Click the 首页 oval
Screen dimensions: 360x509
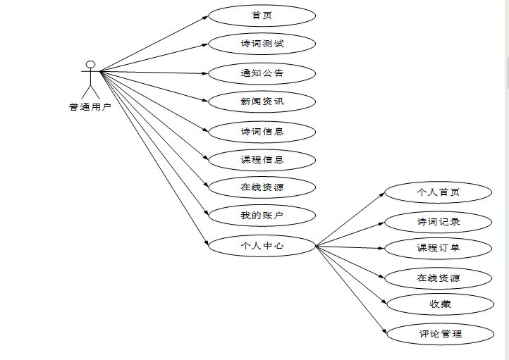point(262,15)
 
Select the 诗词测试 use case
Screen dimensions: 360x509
point(262,44)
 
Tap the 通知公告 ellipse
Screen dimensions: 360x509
point(262,73)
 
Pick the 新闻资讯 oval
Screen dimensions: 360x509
point(262,102)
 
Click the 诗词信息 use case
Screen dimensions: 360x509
point(262,131)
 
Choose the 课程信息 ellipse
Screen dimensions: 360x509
point(262,160)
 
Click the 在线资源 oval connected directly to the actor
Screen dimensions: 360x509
point(262,187)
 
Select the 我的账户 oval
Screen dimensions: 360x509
point(262,215)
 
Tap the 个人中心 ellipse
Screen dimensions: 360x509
point(262,246)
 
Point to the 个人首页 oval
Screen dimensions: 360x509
point(438,192)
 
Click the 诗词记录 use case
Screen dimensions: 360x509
point(438,222)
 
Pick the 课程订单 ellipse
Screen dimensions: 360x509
point(438,248)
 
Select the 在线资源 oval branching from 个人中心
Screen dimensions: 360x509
point(438,278)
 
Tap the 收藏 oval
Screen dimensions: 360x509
point(440,304)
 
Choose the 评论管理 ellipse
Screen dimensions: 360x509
point(440,333)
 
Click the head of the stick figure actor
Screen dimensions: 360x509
point(90,65)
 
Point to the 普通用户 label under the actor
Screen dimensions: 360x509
point(90,108)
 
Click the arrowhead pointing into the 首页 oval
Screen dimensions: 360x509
point(204,17)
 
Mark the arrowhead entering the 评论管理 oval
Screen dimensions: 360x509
point(384,331)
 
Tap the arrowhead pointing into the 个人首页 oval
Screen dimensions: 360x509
point(381,194)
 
